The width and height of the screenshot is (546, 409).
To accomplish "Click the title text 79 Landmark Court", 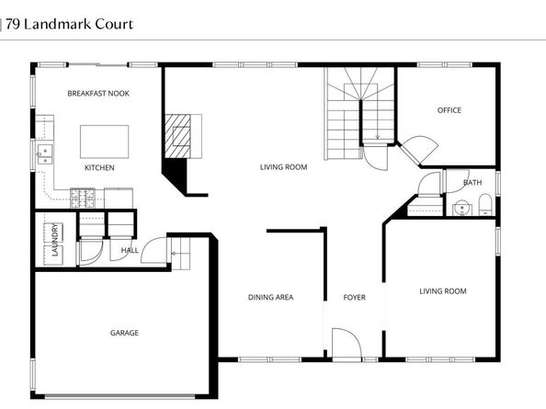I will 69,24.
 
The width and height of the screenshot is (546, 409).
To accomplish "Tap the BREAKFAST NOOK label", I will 99,94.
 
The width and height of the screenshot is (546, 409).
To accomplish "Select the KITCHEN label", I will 99,168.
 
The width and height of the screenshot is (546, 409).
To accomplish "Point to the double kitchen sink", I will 44,153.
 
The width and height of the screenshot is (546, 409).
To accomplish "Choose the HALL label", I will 130,250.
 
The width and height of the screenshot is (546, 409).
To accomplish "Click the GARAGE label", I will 125,333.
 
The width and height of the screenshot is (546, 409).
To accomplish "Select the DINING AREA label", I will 271,297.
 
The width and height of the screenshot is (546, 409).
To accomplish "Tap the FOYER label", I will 355,297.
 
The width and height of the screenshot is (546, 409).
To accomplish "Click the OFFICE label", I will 449,110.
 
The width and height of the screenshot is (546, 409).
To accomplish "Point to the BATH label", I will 472,183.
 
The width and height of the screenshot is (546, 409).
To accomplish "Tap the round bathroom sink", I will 461,208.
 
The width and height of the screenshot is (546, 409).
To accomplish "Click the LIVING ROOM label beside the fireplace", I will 283,167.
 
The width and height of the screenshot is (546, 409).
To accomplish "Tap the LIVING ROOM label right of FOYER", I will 443,291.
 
